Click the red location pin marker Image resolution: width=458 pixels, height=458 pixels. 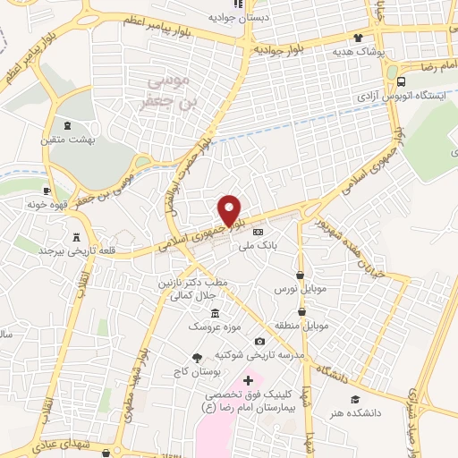click(231, 210)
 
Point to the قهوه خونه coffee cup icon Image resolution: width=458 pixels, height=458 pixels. click(47, 191)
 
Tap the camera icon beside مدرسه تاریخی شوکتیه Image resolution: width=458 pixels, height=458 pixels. click(259, 341)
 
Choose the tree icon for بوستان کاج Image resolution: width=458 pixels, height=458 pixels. click(197, 357)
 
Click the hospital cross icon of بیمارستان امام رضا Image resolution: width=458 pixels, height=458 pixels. click(249, 381)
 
